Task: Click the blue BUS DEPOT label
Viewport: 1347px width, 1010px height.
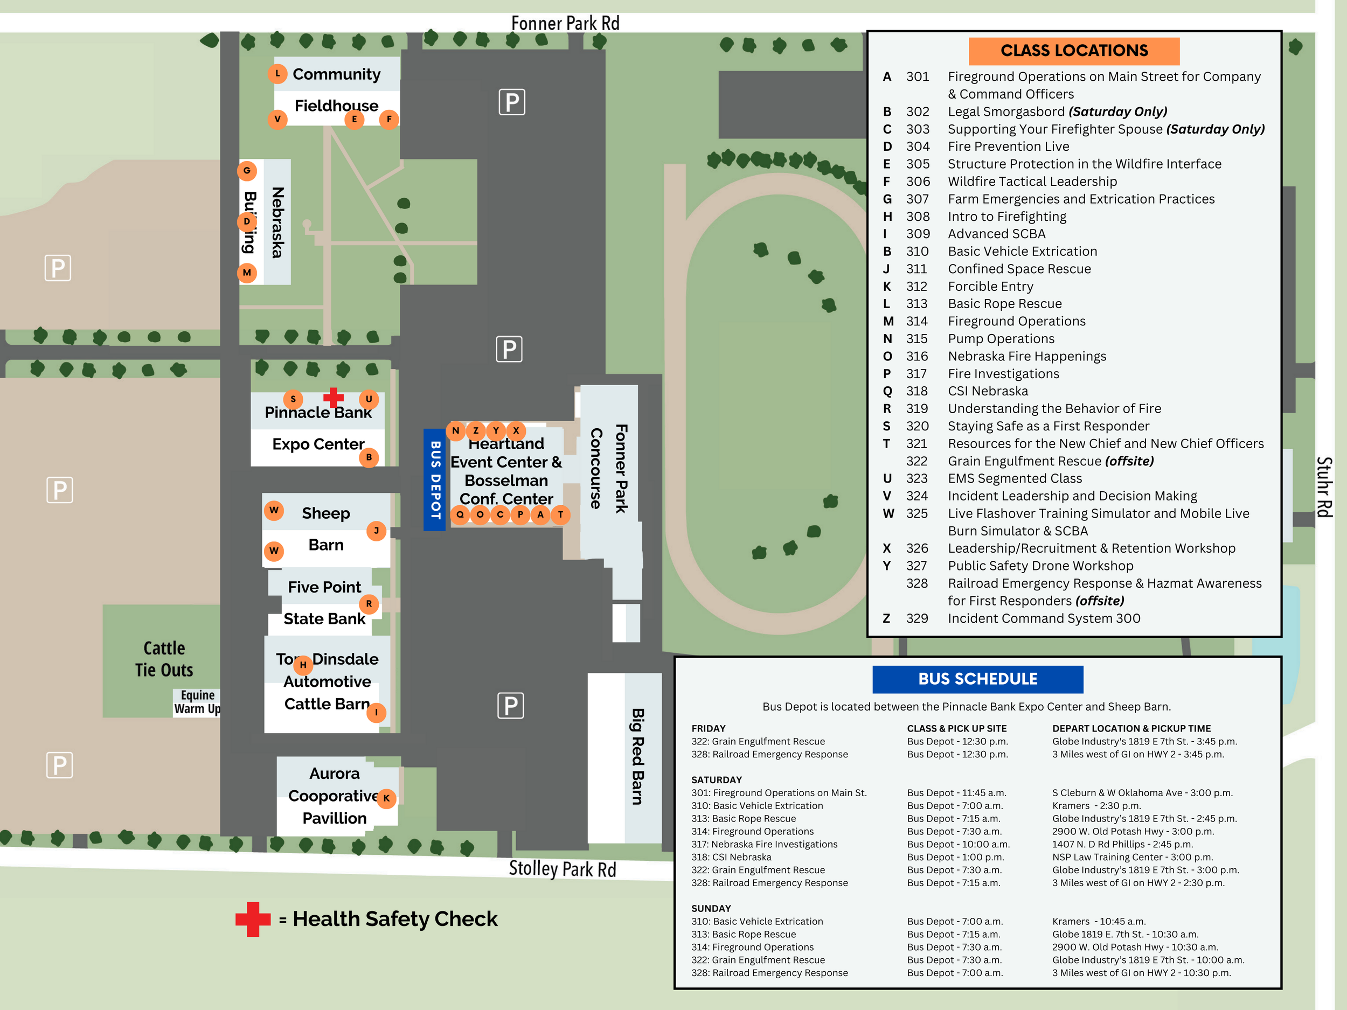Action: [x=435, y=480]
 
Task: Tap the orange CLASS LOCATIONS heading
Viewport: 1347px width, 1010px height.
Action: [x=1074, y=51]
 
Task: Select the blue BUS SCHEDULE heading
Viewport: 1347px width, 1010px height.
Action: [x=977, y=679]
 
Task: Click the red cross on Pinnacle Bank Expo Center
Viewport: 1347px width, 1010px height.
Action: [x=333, y=398]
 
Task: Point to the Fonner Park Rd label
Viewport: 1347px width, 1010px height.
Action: [x=565, y=24]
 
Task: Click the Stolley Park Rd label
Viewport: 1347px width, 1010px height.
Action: [x=562, y=869]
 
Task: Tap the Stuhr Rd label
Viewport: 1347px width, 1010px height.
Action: [x=1324, y=487]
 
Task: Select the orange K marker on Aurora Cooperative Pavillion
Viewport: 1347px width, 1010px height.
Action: [x=386, y=798]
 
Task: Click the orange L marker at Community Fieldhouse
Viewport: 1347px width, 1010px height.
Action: [x=277, y=74]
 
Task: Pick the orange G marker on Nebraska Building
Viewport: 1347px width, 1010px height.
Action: [x=247, y=170]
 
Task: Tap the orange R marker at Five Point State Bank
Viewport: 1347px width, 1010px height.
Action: [x=369, y=604]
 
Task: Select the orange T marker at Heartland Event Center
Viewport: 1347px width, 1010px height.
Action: [x=560, y=514]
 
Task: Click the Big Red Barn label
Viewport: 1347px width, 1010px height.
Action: [x=637, y=756]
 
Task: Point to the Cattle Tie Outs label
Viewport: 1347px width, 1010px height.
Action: [x=164, y=659]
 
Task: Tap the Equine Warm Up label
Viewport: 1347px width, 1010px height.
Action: [x=197, y=702]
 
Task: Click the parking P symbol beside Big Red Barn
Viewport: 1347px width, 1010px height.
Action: [x=510, y=706]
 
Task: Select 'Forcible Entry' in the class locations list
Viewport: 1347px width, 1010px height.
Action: [x=990, y=286]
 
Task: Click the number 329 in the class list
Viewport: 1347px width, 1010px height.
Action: [x=916, y=618]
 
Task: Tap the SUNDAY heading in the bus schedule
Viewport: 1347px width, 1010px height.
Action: [x=711, y=908]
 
